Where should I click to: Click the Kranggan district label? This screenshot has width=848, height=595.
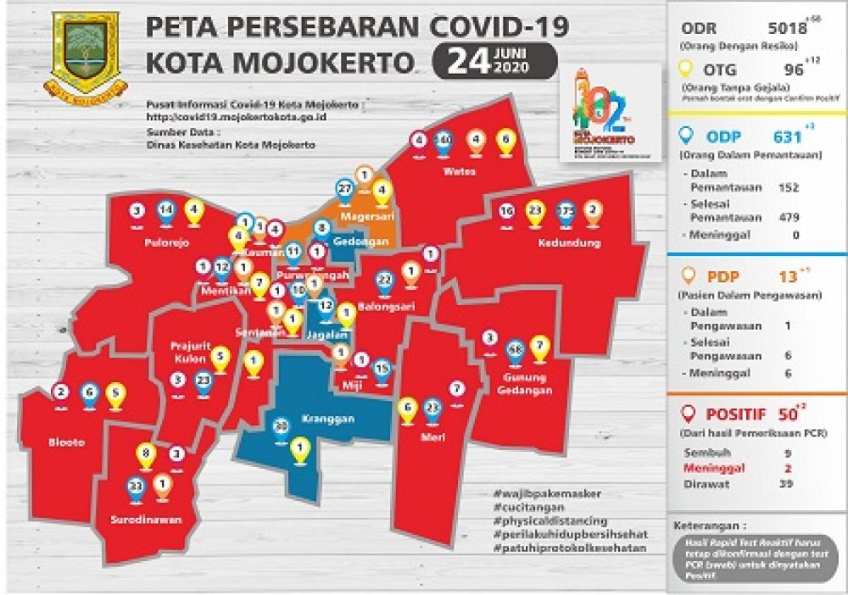click(x=321, y=419)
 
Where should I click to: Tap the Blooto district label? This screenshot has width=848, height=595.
click(x=67, y=442)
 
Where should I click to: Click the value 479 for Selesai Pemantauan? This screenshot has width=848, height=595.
click(x=789, y=217)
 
